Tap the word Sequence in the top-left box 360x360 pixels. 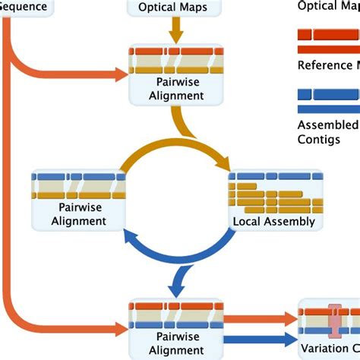[x=23, y=8]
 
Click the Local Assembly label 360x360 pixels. [x=273, y=222]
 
